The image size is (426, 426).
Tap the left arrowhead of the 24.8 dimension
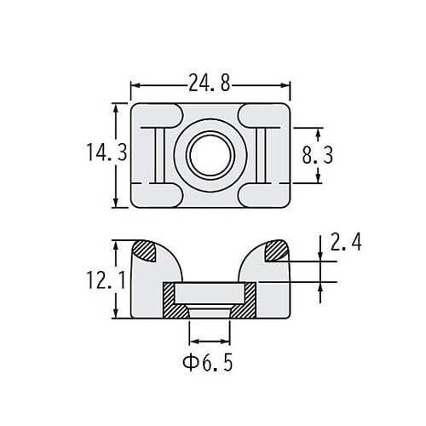(x=135, y=85)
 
